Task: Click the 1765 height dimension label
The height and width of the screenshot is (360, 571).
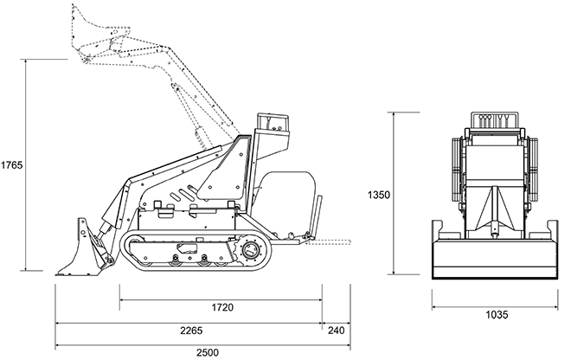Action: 12,164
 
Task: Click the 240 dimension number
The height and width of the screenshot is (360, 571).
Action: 335,329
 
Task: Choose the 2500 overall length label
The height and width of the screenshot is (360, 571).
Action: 208,351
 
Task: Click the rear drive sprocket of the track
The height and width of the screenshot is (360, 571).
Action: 253,252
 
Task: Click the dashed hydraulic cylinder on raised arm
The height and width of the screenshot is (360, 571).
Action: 202,134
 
